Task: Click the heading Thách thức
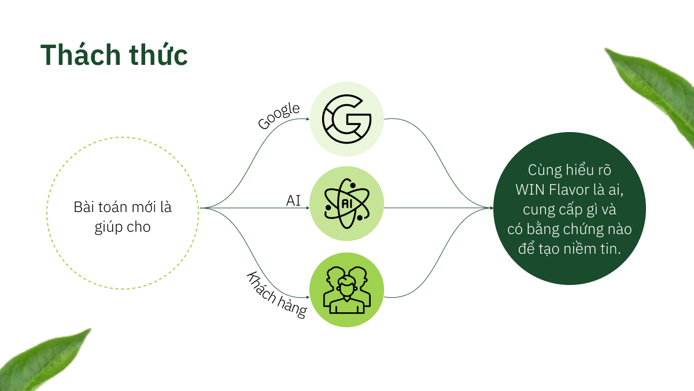pyautogui.click(x=114, y=55)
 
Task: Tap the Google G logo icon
pyautogui.click(x=346, y=119)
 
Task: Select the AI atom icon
pyautogui.click(x=346, y=203)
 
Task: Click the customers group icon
pyautogui.click(x=346, y=290)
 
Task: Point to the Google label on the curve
pyautogui.click(x=279, y=115)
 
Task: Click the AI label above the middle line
pyautogui.click(x=293, y=201)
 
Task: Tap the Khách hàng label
pyautogui.click(x=276, y=295)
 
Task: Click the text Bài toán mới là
pyautogui.click(x=123, y=207)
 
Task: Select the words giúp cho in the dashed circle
pyautogui.click(x=123, y=227)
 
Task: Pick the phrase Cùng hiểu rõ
pyautogui.click(x=570, y=170)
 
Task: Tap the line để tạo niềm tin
pyautogui.click(x=570, y=249)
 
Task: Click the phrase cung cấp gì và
pyautogui.click(x=570, y=210)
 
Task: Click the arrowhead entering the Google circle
pyautogui.click(x=308, y=119)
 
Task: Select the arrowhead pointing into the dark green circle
pyautogui.click(x=492, y=208)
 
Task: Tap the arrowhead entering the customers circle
pyautogui.click(x=308, y=297)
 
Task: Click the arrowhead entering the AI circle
pyautogui.click(x=308, y=208)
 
